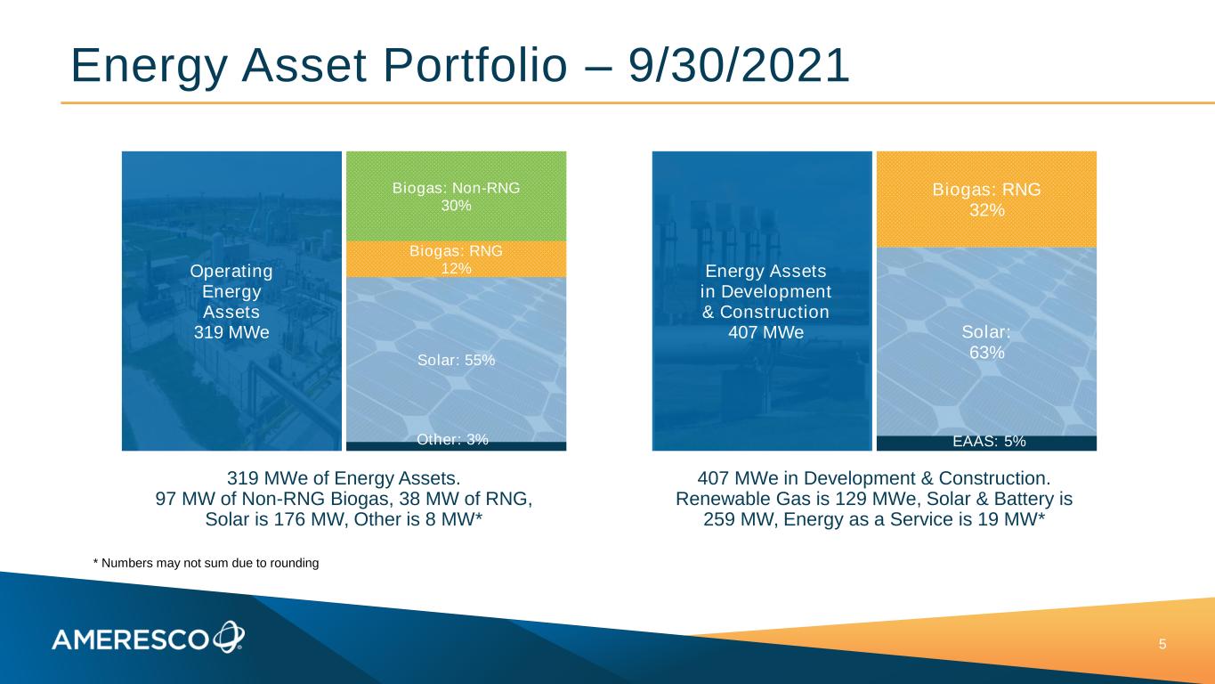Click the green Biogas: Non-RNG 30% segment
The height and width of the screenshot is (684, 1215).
point(456,196)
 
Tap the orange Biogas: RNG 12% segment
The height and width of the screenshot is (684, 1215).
point(456,259)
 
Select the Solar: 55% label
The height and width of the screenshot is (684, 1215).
point(456,360)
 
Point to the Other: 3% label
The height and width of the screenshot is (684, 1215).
point(452,439)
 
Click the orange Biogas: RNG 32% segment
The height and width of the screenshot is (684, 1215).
point(986,199)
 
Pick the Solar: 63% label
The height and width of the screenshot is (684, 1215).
point(986,342)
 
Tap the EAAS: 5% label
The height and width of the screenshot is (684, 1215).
point(990,442)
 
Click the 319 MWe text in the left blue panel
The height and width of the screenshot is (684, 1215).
point(231,332)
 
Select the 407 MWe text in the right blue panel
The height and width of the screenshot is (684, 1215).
point(765,332)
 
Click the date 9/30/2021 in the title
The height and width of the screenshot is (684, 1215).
point(739,65)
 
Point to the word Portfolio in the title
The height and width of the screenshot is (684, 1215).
point(475,65)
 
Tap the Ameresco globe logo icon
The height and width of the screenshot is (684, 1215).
point(229,637)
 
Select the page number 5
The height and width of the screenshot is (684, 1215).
point(1162,645)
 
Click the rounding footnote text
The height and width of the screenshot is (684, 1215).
point(207,563)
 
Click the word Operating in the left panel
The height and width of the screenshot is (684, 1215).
point(231,272)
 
